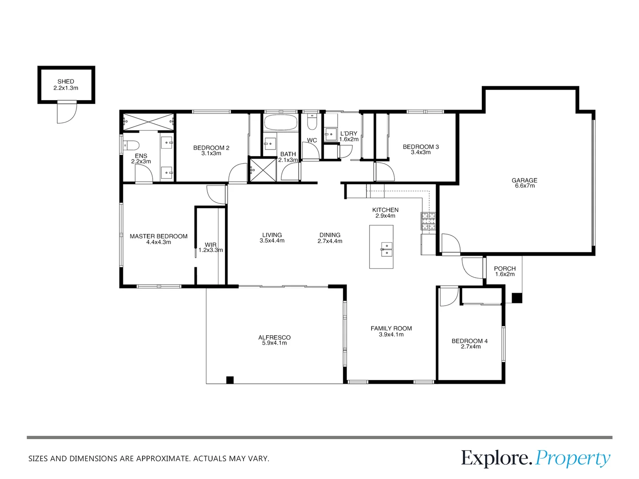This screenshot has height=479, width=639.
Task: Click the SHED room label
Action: pyautogui.click(x=66, y=82)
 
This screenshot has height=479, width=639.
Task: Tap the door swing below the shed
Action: pyautogui.click(x=67, y=112)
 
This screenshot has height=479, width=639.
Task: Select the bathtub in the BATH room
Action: pyautogui.click(x=280, y=122)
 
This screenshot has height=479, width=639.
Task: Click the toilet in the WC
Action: pyautogui.click(x=312, y=122)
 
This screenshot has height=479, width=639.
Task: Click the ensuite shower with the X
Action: pyautogui.click(x=149, y=122)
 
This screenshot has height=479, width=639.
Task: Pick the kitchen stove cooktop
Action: pyautogui.click(x=428, y=221)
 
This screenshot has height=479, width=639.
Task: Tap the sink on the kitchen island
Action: pyautogui.click(x=387, y=250)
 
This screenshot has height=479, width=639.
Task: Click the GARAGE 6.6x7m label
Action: pyautogui.click(x=525, y=183)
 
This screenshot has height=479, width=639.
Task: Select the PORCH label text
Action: pyautogui.click(x=505, y=268)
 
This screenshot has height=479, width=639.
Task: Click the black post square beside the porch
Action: pyautogui.click(x=517, y=298)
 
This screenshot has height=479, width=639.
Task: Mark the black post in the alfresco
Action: pyautogui.click(x=230, y=380)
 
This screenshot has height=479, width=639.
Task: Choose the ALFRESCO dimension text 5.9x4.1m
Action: pyautogui.click(x=274, y=343)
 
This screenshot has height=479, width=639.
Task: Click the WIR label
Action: pyautogui.click(x=210, y=244)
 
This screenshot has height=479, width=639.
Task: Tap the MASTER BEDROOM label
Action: pyautogui.click(x=159, y=236)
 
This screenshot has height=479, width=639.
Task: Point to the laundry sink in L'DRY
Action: pyautogui.click(x=331, y=134)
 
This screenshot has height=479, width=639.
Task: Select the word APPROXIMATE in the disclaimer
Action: pyautogui.click(x=163, y=459)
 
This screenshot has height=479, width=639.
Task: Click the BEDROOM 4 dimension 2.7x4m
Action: pyautogui.click(x=471, y=346)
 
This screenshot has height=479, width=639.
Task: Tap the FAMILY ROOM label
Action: pyautogui.click(x=391, y=328)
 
